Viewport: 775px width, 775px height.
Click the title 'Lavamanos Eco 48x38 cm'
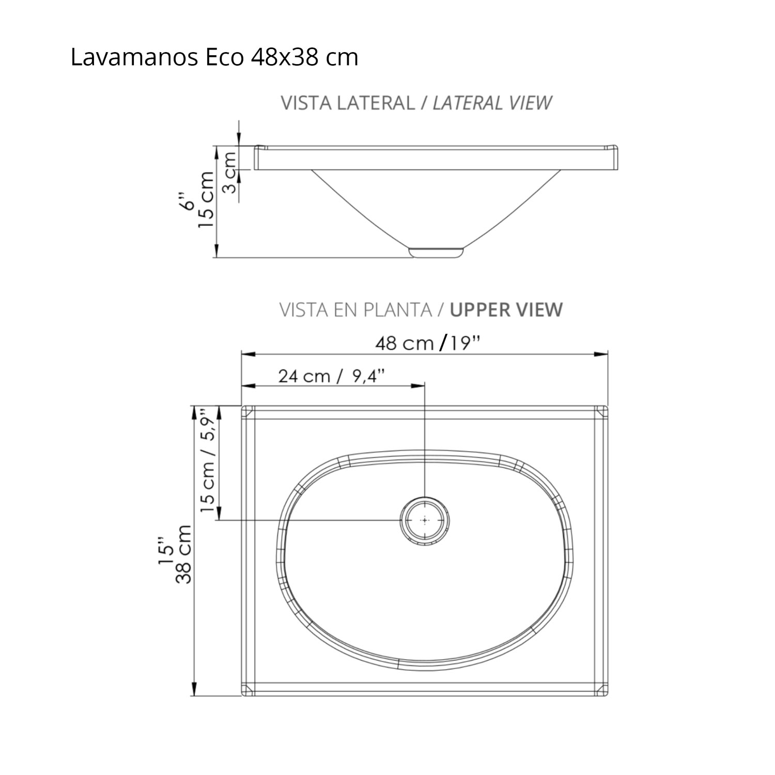coord(214,57)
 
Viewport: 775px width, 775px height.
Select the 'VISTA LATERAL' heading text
coord(347,103)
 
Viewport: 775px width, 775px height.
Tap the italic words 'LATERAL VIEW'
coord(492,103)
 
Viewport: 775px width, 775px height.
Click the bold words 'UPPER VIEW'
coord(506,309)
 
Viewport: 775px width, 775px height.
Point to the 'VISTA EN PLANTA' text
coord(355,309)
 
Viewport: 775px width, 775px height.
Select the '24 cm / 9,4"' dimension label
coord(332,376)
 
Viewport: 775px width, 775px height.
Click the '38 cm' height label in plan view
coord(184,554)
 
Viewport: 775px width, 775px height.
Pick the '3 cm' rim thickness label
coord(230,172)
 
